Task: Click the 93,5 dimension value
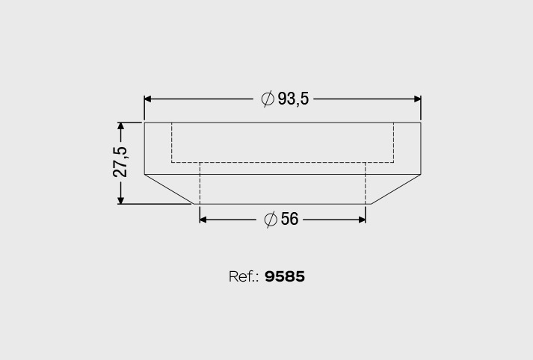tap(293, 99)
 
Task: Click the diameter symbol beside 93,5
tap(268, 99)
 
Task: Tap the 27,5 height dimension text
tap(120, 162)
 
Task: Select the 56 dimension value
tap(289, 219)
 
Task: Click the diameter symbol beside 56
tap(271, 220)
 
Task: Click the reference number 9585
tap(285, 276)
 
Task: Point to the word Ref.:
tap(244, 276)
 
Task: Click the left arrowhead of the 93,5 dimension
tap(147, 99)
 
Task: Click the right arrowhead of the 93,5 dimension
tap(417, 99)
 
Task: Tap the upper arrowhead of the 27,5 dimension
tap(120, 126)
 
